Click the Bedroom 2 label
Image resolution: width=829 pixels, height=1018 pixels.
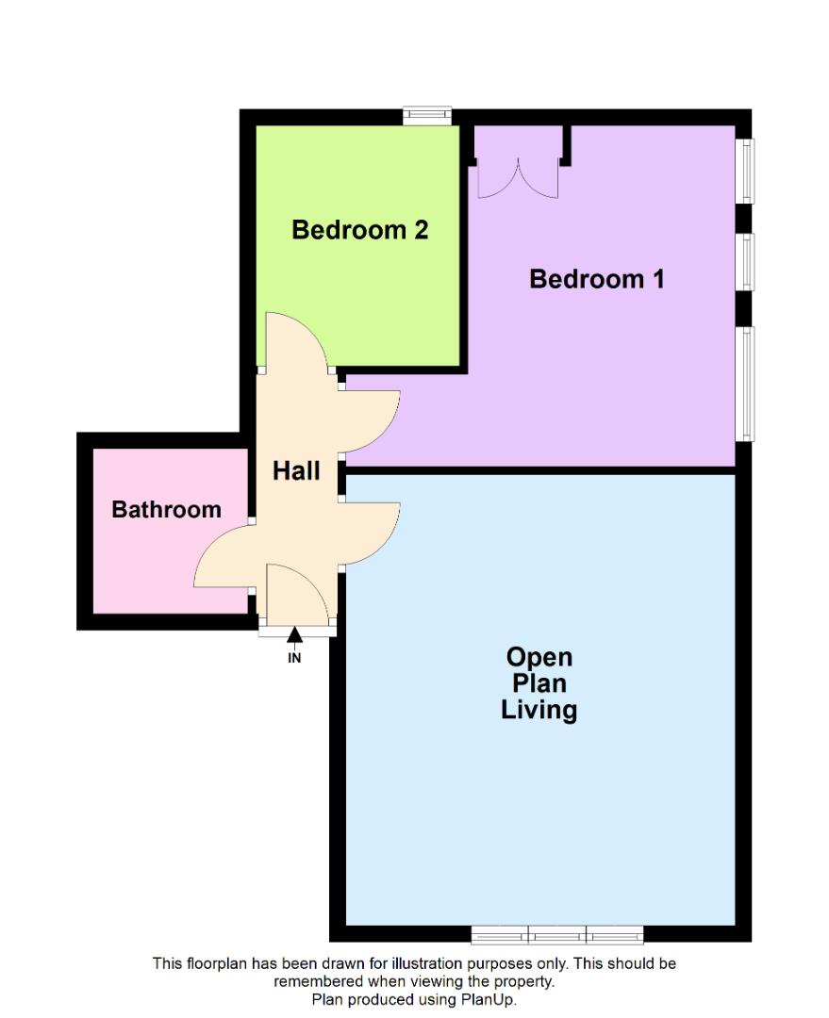(x=360, y=229)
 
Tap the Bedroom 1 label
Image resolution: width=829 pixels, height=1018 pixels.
(x=597, y=279)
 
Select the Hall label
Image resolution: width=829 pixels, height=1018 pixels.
(x=296, y=470)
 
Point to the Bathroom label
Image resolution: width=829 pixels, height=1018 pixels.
(x=167, y=510)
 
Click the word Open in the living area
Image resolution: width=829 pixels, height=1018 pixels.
(x=539, y=657)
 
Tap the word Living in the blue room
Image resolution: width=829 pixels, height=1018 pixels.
(x=539, y=710)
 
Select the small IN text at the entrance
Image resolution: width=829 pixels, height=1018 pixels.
(x=294, y=658)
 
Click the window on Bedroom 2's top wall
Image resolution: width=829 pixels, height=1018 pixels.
(x=426, y=116)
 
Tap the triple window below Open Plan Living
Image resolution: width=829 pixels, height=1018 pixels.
(x=557, y=934)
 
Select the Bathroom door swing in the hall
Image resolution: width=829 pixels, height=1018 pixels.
(x=223, y=556)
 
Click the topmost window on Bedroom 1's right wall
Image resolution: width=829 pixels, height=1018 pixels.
(x=745, y=171)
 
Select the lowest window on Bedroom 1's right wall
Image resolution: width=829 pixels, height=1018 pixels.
(x=745, y=383)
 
